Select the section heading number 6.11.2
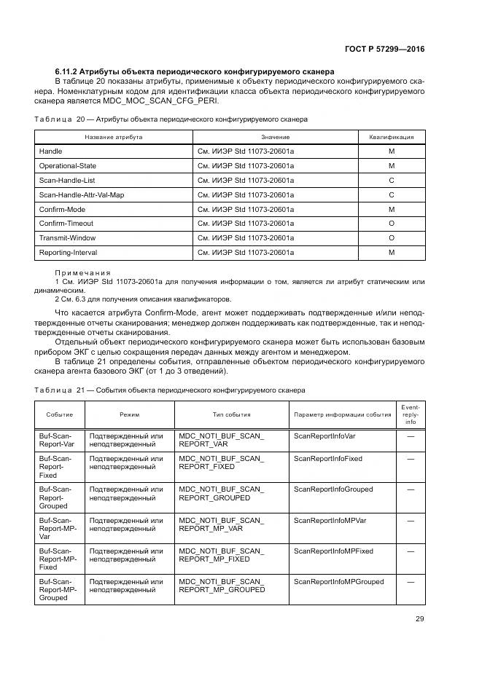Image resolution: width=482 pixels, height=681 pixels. [68, 71]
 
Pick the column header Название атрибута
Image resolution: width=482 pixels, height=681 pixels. [113, 137]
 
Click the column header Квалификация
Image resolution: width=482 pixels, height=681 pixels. [391, 137]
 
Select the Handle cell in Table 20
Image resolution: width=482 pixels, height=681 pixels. [50, 151]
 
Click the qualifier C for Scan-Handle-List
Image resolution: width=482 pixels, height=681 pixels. [391, 180]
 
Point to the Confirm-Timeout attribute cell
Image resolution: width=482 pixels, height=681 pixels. [66, 224]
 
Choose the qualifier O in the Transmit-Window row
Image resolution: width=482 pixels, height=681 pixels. [391, 238]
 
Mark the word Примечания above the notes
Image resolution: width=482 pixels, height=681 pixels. [82, 272]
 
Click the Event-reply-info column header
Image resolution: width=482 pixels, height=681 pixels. [411, 414]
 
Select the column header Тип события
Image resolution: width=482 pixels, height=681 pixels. [231, 414]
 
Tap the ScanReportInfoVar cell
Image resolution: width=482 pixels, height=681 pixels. [324, 437]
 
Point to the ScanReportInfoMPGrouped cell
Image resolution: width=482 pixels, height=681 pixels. [338, 582]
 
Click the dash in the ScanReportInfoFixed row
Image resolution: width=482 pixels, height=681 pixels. [411, 459]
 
